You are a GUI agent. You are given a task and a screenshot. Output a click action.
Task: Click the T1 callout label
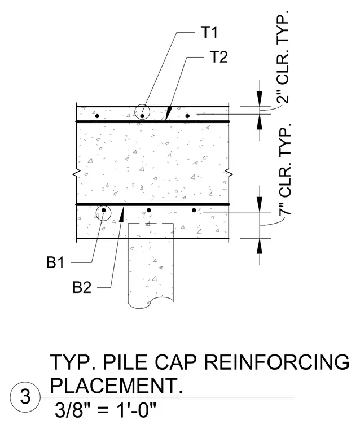209,32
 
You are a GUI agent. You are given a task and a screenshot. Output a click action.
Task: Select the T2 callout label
219,57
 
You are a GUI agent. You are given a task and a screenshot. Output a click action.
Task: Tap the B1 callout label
55,262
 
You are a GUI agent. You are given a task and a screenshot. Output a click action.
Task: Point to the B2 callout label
82,287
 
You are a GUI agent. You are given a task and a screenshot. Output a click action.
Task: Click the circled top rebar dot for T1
142,116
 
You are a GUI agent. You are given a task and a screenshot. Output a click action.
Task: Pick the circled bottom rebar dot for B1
103,210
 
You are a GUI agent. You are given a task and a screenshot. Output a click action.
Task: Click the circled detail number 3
25,396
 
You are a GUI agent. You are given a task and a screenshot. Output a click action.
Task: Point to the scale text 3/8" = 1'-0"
106,410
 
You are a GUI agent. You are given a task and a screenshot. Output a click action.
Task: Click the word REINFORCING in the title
276,362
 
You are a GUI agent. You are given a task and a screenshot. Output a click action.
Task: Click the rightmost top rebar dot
187,116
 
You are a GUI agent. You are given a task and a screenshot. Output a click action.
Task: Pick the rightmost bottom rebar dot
194,210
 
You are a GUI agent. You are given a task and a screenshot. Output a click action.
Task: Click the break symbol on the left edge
77,173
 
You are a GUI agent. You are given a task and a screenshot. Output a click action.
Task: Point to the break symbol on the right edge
229,173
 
